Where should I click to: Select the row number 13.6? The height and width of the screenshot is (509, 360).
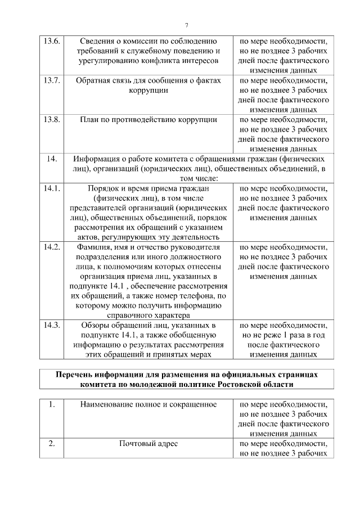[x=52, y=41]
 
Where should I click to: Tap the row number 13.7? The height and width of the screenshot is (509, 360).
[x=52, y=80]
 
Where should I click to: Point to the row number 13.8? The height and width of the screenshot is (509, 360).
[x=52, y=119]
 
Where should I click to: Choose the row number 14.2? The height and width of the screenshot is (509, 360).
[x=52, y=247]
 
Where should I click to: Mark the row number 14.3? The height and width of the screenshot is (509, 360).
[x=52, y=325]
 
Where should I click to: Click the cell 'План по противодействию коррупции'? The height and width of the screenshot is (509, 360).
[x=148, y=119]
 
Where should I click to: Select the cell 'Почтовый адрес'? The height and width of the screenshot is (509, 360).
[x=148, y=444]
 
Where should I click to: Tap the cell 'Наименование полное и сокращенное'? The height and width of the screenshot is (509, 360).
[x=148, y=404]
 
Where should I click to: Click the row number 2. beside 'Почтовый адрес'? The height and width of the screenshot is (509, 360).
[x=52, y=444]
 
